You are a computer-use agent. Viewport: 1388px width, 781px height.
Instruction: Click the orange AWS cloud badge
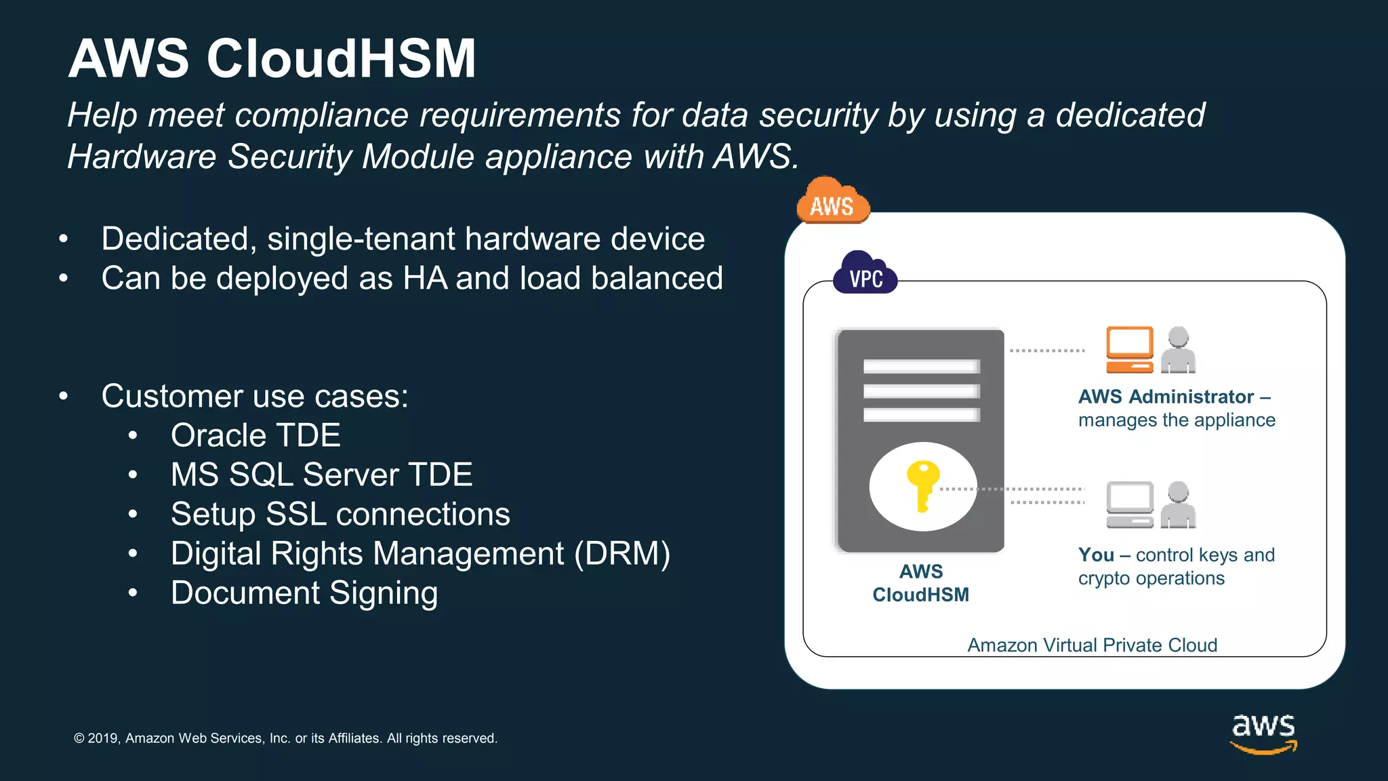tap(833, 202)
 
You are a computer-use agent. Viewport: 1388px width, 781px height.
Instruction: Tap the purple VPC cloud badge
tap(865, 274)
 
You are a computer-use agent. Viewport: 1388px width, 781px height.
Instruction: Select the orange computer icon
tap(1129, 350)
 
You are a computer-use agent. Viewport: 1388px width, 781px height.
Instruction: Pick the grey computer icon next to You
tap(1129, 504)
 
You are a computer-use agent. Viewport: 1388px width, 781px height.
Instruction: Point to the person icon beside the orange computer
tap(1179, 350)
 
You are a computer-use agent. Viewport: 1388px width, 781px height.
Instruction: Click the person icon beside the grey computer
tap(1179, 504)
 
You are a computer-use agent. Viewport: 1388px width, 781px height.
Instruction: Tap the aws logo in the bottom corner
tap(1263, 732)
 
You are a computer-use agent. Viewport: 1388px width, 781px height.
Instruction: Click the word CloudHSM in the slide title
tap(341, 59)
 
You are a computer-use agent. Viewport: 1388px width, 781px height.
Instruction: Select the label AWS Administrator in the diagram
tap(1166, 397)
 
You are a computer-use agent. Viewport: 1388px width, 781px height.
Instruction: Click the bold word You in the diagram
tap(1096, 555)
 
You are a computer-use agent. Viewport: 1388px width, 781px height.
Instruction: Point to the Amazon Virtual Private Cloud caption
tap(1092, 645)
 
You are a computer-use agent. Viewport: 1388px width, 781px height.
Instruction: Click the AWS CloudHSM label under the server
tap(920, 583)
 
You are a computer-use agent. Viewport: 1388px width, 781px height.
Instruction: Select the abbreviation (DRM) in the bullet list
tap(622, 554)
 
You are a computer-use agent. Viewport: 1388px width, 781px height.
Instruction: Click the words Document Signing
tap(304, 593)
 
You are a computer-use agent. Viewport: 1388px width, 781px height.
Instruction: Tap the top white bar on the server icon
tap(921, 367)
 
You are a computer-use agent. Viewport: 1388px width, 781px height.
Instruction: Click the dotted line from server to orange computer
tap(1046, 351)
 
